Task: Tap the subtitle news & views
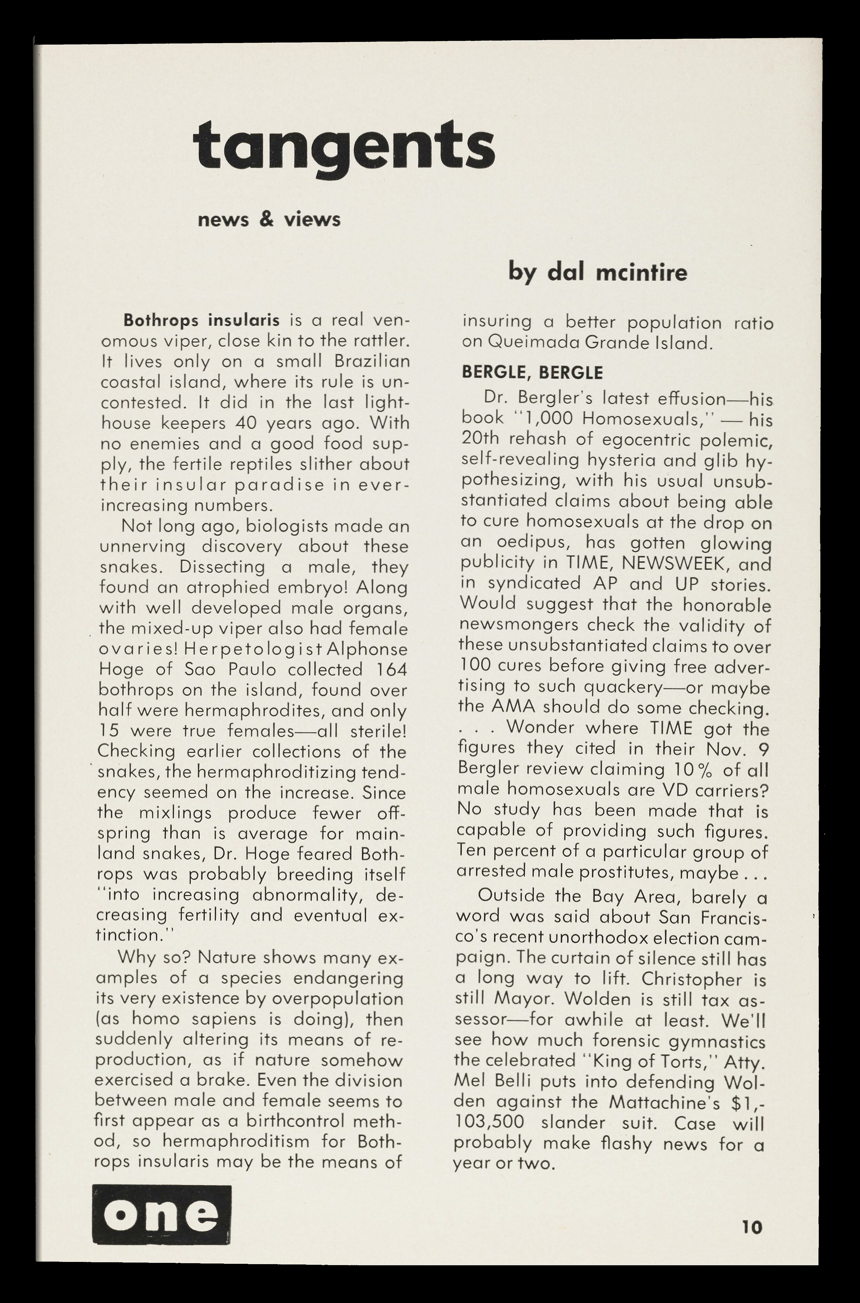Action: [269, 220]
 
